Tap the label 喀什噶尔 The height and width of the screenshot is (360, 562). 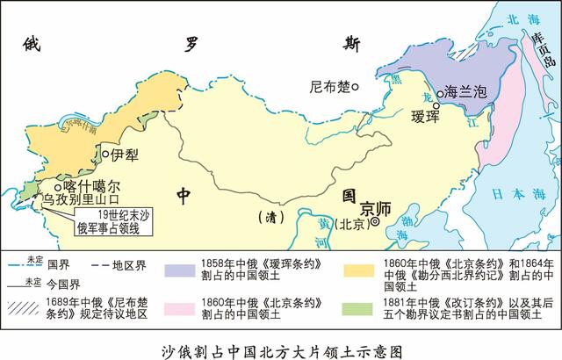91,187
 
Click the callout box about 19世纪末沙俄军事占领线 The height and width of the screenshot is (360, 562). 114,223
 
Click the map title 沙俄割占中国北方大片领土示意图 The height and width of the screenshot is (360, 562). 281,348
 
